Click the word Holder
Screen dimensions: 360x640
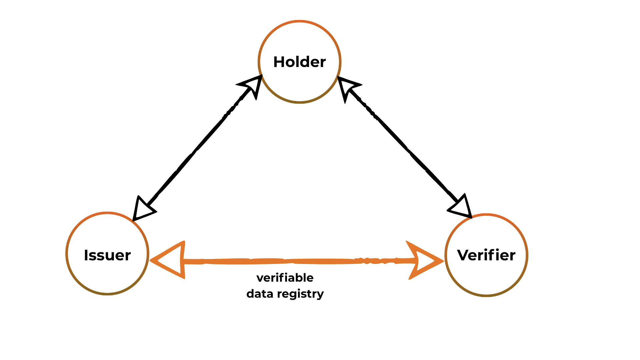pyautogui.click(x=299, y=62)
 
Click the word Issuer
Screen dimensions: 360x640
pyautogui.click(x=107, y=255)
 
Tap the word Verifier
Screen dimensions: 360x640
pyautogui.click(x=486, y=255)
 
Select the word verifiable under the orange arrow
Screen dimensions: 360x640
pyautogui.click(x=285, y=278)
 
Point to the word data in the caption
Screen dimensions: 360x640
pyautogui.click(x=260, y=294)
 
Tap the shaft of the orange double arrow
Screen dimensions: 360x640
pyautogui.click(x=283, y=261)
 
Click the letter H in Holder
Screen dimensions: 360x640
pyautogui.click(x=278, y=62)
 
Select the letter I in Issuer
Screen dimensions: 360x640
pyautogui.click(x=86, y=255)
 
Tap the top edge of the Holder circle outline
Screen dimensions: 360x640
pyautogui.click(x=299, y=22)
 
